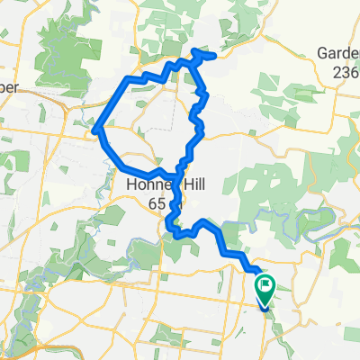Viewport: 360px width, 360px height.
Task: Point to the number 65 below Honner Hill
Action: point(157,205)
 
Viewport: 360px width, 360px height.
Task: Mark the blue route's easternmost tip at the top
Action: point(213,56)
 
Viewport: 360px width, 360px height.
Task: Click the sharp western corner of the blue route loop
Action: point(96,130)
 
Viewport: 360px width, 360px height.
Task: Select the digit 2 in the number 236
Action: point(336,71)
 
